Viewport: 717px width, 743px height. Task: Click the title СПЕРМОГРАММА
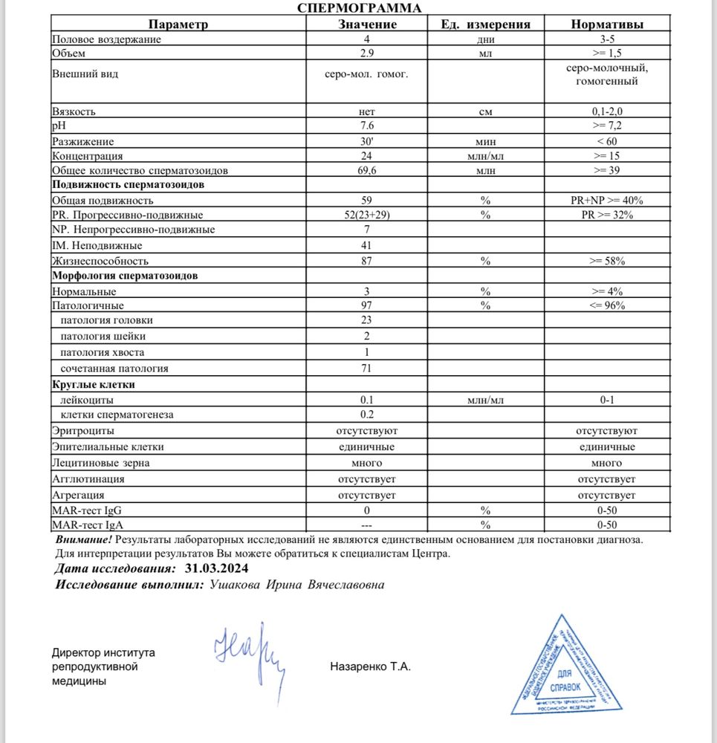359,8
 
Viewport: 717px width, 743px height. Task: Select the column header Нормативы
607,24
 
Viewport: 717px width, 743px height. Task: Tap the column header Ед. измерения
486,24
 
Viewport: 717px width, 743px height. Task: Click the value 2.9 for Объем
366,53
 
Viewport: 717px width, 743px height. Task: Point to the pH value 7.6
366,126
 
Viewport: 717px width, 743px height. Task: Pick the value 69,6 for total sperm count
366,171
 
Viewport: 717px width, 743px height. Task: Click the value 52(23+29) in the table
366,215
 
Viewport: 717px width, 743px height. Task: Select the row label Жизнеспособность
100,261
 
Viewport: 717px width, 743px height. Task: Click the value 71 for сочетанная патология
366,368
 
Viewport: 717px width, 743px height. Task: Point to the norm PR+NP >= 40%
607,201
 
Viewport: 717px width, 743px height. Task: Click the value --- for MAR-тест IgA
366,525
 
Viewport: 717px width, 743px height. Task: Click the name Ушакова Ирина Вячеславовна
297,585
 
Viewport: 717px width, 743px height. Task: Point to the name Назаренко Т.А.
370,666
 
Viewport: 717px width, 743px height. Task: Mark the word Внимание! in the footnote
84,540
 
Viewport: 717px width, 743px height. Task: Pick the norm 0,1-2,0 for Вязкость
607,111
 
